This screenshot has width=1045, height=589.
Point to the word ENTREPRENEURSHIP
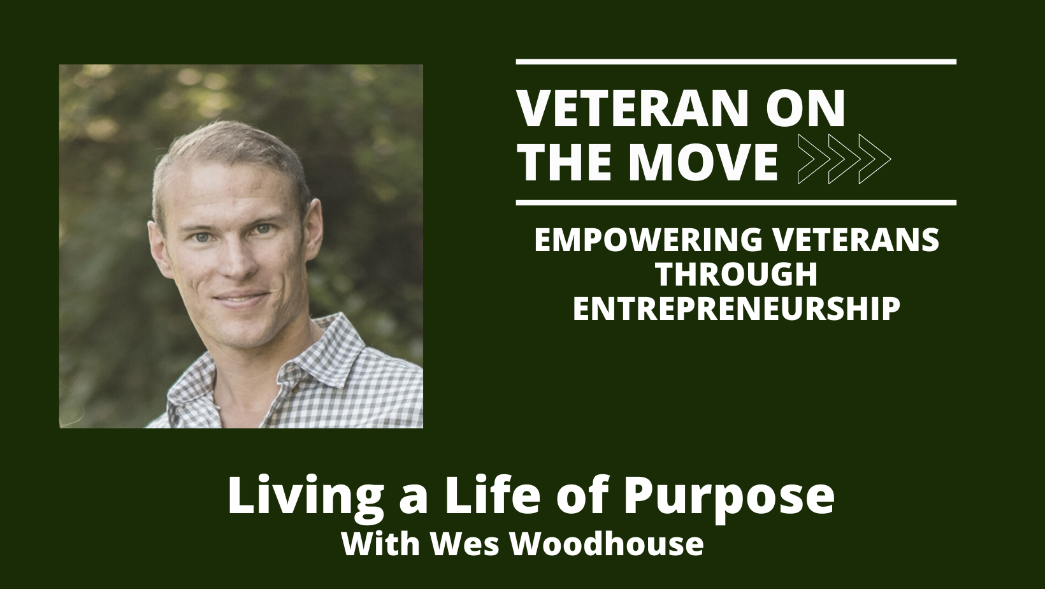737,309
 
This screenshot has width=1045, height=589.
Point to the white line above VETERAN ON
736,62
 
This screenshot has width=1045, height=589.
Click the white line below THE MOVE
736,203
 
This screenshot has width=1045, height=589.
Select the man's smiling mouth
243,298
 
